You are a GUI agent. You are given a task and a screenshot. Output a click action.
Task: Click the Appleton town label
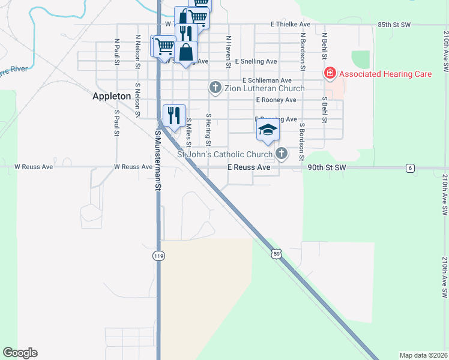coord(112,95)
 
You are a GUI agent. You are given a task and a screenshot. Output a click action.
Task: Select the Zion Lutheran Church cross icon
coord(215,88)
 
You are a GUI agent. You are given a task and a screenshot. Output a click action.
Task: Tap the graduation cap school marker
coord(268,130)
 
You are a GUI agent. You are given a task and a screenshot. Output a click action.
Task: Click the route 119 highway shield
coord(158,256)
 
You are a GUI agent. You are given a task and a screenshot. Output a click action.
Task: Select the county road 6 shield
coord(410,168)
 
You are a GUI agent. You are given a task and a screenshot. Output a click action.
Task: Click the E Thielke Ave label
coord(291,25)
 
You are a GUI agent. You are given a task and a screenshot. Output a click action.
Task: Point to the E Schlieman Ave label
coord(267,80)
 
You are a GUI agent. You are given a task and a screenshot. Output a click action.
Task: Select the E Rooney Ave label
coord(276,100)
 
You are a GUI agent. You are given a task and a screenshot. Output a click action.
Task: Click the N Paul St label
coord(116,50)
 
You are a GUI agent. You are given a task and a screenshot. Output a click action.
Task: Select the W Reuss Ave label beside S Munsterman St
coord(134,167)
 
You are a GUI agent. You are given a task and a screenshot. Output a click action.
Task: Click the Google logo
coord(20,353)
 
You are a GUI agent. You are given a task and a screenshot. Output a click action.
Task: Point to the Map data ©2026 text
coord(423,355)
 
